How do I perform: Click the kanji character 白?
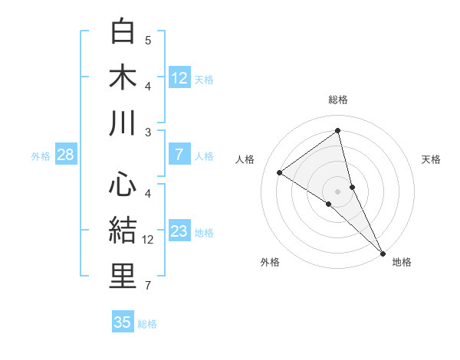[x=123, y=32]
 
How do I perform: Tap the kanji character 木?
[x=123, y=77]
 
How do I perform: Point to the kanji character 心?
[x=123, y=185]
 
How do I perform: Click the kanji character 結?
[x=123, y=231]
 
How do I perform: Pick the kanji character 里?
[x=123, y=277]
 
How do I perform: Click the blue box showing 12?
[x=179, y=77]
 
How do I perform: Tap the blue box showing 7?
[x=179, y=155]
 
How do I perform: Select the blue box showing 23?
[x=179, y=231]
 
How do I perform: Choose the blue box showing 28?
[x=66, y=155]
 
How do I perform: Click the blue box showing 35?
[x=123, y=322]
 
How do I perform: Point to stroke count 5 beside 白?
[x=148, y=41]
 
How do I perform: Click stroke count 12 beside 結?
[x=148, y=240]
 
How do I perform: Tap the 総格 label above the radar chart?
[x=338, y=100]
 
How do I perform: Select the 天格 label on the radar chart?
[x=431, y=159]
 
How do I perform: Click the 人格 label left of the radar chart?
[x=245, y=159]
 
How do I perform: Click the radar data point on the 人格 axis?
[x=280, y=172]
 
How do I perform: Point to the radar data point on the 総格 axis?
[x=338, y=130]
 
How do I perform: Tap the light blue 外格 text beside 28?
[x=41, y=155]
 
